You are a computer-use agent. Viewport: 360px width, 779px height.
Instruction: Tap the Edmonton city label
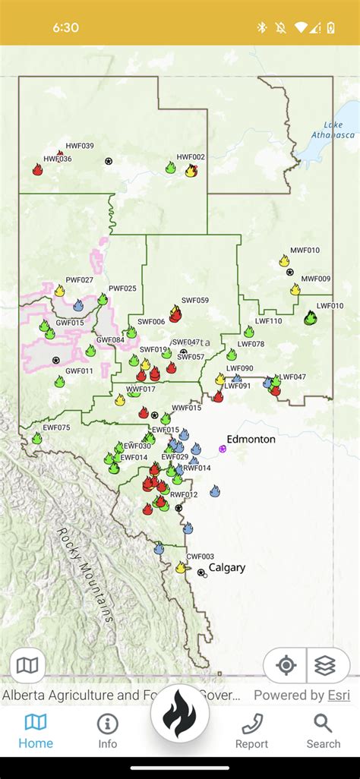pyautogui.click(x=251, y=440)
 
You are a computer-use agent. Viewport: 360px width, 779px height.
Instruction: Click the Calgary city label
pyautogui.click(x=226, y=567)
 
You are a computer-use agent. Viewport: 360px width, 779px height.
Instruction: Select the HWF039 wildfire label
pyautogui.click(x=80, y=146)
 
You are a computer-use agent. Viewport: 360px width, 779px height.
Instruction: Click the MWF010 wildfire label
pyautogui.click(x=305, y=251)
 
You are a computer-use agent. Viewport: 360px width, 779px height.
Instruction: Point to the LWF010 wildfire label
pyautogui.click(x=330, y=306)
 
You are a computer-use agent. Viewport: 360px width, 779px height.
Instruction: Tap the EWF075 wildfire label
pyautogui.click(x=56, y=427)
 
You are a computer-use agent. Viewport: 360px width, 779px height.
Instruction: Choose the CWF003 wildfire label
pyautogui.click(x=200, y=557)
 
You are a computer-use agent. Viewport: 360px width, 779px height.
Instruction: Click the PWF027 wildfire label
pyautogui.click(x=79, y=280)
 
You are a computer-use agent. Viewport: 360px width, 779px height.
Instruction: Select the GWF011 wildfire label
pyautogui.click(x=79, y=371)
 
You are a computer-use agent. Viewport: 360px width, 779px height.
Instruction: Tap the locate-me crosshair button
pyautogui.click(x=286, y=666)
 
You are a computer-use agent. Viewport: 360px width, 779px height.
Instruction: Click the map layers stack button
pyautogui.click(x=324, y=666)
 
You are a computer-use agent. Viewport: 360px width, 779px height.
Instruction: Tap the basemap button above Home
pyautogui.click(x=28, y=666)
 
